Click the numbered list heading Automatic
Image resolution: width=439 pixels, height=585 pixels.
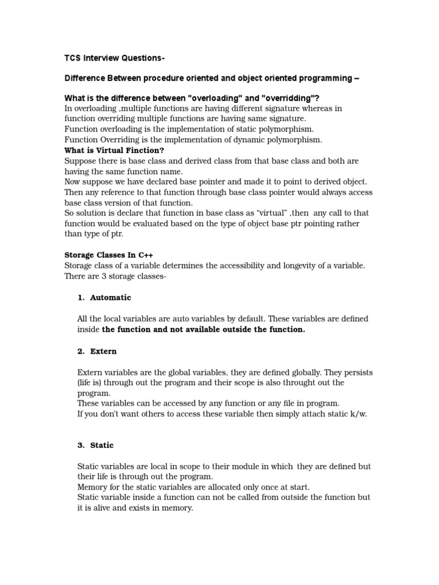(110, 298)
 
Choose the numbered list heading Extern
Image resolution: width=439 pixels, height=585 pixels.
(103, 351)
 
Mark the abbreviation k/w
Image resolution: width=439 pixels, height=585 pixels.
(356, 414)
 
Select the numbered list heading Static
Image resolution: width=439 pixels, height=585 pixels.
(102, 445)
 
